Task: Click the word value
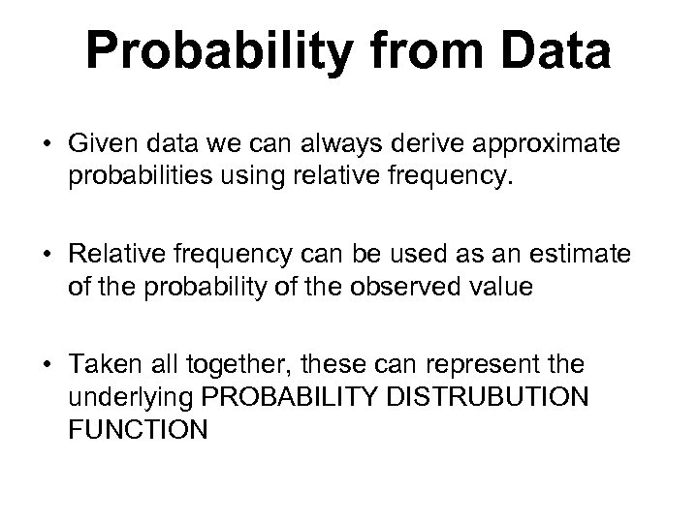[x=498, y=288]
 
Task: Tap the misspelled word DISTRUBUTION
[x=513, y=397]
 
